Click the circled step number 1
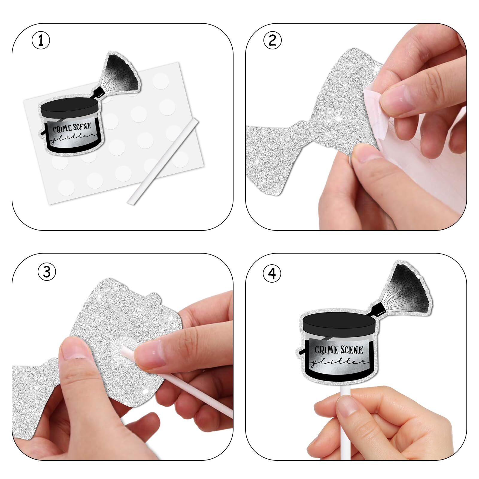coord(41,41)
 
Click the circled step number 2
coord(272,40)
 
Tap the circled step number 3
coord(47,272)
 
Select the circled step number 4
coord(272,274)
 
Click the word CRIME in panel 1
coord(62,129)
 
